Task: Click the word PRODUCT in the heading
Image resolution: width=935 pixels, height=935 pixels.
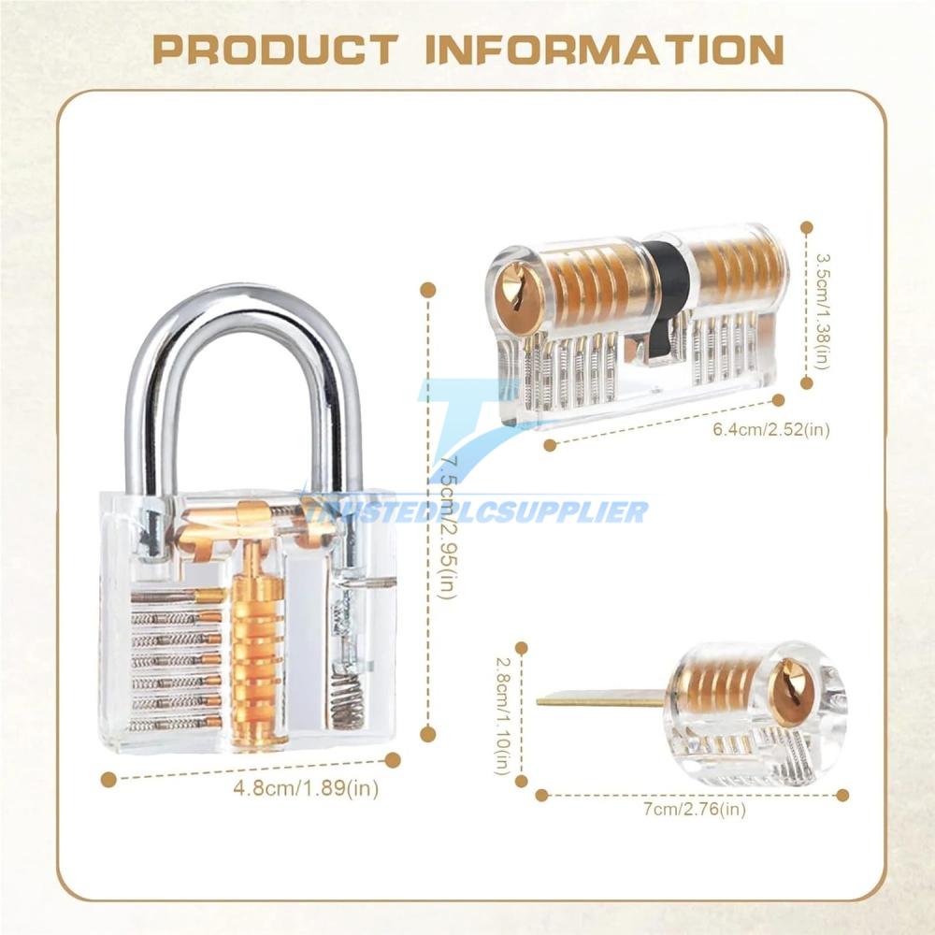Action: tap(276, 49)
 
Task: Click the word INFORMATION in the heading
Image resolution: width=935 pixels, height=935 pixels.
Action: tap(605, 49)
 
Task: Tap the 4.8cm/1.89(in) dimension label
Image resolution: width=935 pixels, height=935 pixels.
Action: tap(306, 788)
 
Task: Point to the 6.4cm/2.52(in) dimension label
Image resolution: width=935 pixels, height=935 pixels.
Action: tap(771, 429)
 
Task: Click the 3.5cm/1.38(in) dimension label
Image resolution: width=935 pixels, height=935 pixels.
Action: tap(822, 310)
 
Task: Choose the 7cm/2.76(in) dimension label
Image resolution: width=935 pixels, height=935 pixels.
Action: tap(695, 809)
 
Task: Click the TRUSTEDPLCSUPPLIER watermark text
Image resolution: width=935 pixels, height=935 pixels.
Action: tap(477, 511)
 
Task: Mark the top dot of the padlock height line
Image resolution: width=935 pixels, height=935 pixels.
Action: tap(427, 290)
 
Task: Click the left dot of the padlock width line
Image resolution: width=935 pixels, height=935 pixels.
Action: tap(108, 780)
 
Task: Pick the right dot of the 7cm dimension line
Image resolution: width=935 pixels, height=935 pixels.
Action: tap(842, 795)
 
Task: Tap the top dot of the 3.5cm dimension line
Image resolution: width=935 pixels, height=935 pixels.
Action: tap(807, 227)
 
